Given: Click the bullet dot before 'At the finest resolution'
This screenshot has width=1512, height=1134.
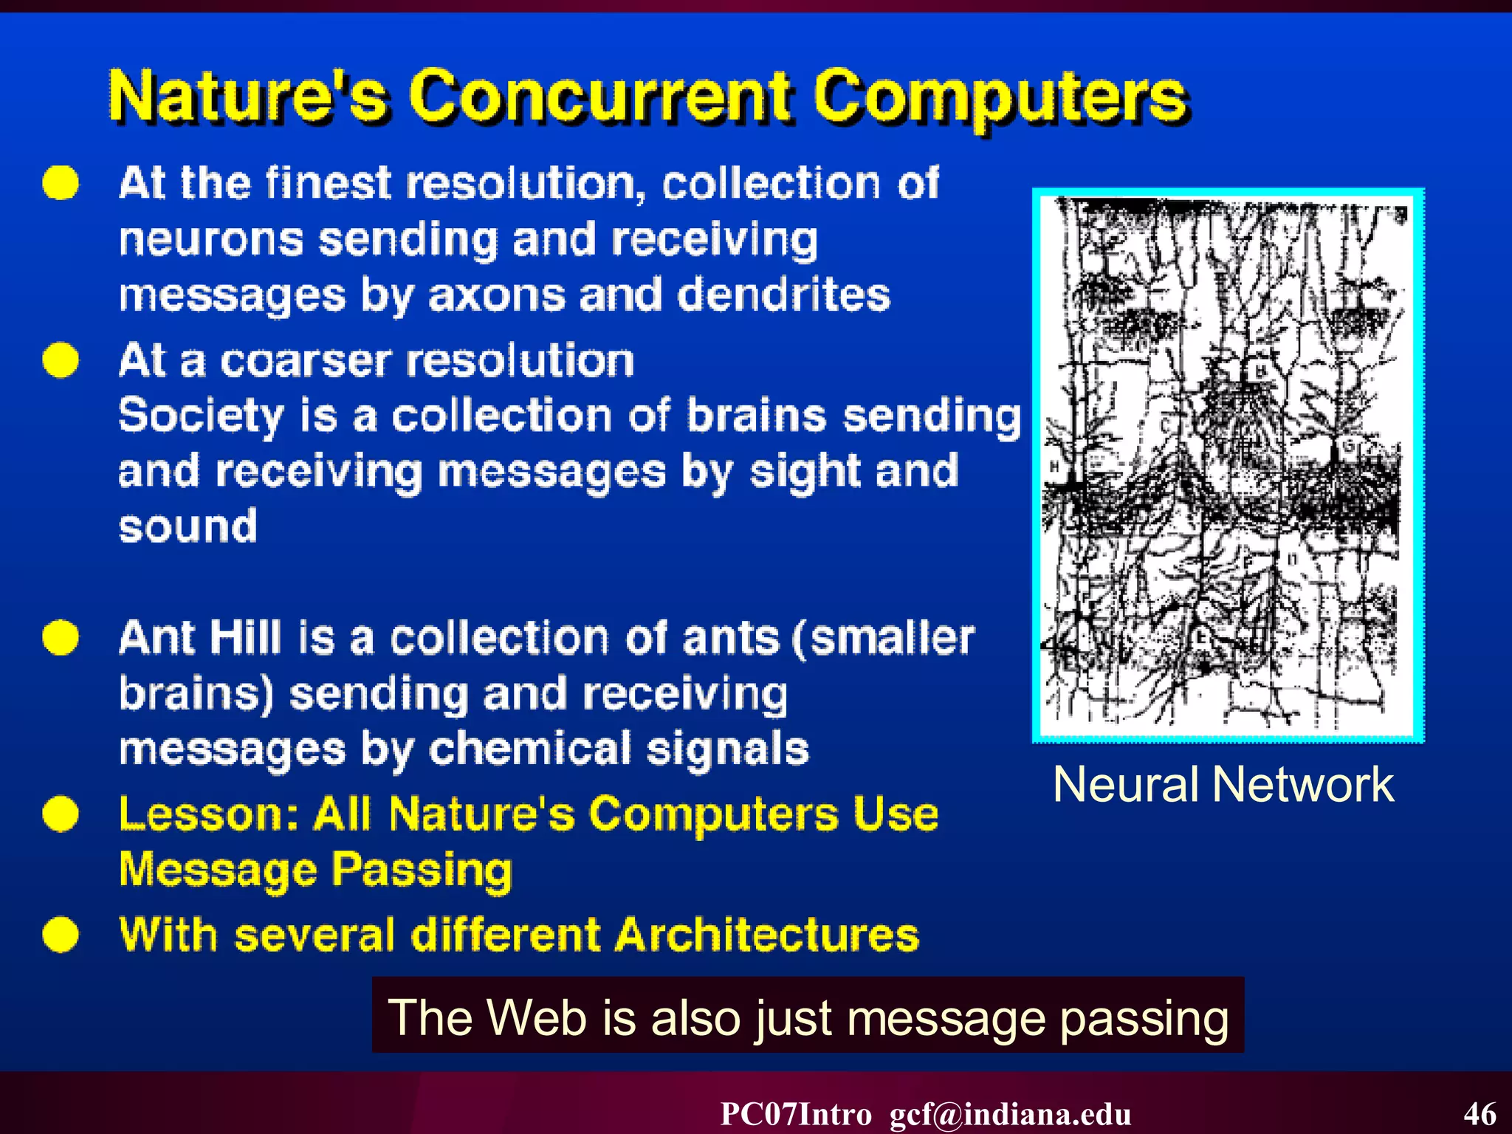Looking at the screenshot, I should [61, 182].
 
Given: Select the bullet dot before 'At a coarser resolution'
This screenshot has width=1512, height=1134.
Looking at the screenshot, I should [61, 360].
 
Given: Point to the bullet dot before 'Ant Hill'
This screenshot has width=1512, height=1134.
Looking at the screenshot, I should [61, 637].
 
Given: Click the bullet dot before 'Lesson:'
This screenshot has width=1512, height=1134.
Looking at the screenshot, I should [61, 814].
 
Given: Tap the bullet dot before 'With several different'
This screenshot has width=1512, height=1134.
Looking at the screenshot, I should [61, 935].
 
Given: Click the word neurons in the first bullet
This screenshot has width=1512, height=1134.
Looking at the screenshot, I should [211, 240].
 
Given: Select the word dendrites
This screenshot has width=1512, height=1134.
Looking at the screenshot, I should [783, 295].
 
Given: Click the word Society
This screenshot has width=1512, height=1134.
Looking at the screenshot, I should [201, 416].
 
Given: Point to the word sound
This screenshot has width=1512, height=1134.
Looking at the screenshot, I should [188, 526].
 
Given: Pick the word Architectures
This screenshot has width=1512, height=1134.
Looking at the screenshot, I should [767, 935].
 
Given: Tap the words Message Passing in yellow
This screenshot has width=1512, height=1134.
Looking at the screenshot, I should [315, 870].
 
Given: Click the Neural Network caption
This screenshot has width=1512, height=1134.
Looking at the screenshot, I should [1223, 784].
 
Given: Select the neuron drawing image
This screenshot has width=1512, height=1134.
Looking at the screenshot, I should [1228, 465].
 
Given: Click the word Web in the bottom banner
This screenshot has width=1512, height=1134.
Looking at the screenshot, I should [537, 1017].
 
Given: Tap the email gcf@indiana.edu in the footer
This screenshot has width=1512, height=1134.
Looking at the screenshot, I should [1010, 1114].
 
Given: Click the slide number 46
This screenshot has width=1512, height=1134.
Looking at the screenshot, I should [1480, 1114].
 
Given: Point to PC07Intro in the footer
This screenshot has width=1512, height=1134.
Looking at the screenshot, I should [795, 1114].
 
